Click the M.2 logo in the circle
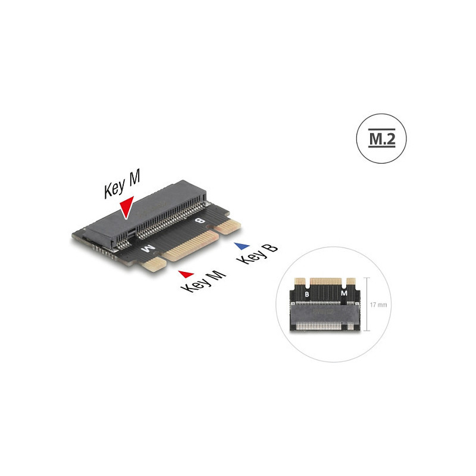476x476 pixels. (x=381, y=139)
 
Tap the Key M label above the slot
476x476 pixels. (x=122, y=184)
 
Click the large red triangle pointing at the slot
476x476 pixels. (x=126, y=207)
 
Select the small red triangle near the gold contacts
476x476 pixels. (x=186, y=274)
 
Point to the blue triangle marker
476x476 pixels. (x=242, y=246)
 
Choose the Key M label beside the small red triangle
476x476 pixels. (x=203, y=281)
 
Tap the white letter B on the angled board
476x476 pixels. (x=199, y=221)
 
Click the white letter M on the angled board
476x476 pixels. (x=148, y=249)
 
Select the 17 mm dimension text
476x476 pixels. (x=378, y=305)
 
